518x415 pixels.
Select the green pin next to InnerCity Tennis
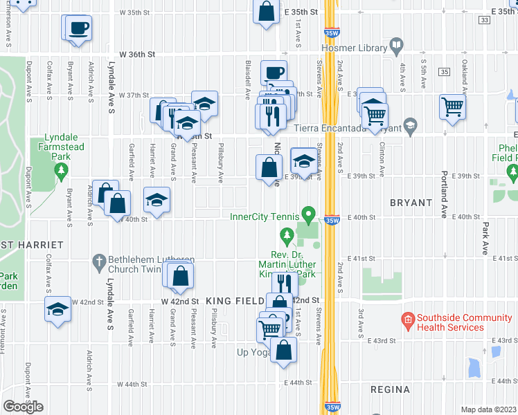pos(311,216)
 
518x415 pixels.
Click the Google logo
pos(23,407)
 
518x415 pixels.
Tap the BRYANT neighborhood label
pos(411,203)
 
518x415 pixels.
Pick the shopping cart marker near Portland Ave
pos(452,107)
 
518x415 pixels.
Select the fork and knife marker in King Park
pos(284,282)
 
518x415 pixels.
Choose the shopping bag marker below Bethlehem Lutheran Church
pos(180,275)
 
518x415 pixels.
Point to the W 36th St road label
pos(137,54)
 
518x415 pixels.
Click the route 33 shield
pos(484,21)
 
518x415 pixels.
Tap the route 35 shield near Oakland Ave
pos(444,72)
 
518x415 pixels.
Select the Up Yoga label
pos(253,353)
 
